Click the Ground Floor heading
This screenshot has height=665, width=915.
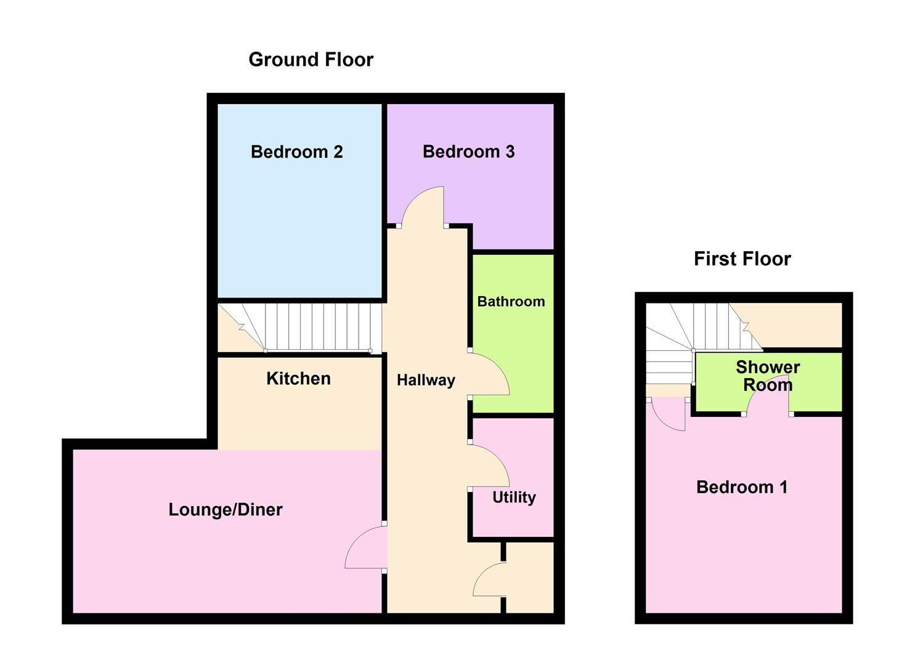tap(311, 60)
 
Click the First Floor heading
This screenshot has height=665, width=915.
tap(742, 259)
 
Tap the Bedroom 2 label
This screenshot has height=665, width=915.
tap(296, 151)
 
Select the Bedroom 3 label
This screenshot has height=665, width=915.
tap(468, 151)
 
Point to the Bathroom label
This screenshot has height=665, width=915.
tap(511, 301)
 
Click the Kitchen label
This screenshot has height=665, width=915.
tap(298, 378)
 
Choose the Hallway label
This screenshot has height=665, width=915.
tap(426, 380)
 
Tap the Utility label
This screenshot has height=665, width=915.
tap(514, 497)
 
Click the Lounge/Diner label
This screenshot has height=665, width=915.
tap(226, 509)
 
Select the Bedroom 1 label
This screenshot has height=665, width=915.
tap(742, 487)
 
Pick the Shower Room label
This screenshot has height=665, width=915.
tap(768, 376)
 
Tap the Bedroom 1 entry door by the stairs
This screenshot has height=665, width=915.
tap(668, 414)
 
